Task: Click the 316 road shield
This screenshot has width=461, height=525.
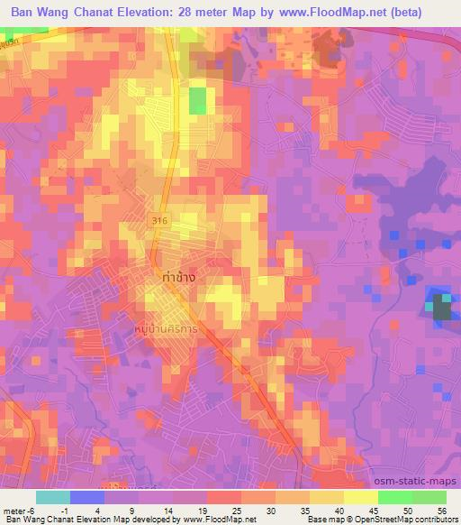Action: [160, 220]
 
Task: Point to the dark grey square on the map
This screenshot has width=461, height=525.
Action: [441, 308]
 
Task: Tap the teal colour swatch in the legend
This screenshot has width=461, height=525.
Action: [52, 497]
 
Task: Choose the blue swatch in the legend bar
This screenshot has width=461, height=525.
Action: [86, 497]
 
